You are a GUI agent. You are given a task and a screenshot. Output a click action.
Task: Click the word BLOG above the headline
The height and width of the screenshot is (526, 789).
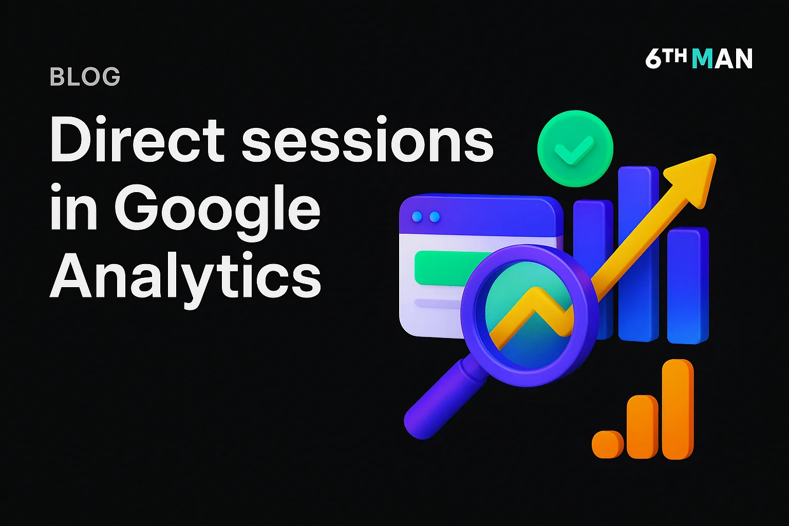tap(85, 77)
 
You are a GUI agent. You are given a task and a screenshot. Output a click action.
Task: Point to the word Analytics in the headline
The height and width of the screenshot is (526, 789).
tap(185, 277)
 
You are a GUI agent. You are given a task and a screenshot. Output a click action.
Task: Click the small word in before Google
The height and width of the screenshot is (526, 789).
tap(73, 208)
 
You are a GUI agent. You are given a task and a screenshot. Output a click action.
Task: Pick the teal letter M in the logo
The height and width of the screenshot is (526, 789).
tap(702, 59)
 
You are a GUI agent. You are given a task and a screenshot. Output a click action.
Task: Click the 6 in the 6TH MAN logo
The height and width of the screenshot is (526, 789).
tap(654, 59)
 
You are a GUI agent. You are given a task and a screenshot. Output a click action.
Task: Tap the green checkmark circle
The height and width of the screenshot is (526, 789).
tap(575, 148)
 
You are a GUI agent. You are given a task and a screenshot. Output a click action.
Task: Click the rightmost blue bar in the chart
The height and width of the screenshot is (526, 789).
tap(688, 285)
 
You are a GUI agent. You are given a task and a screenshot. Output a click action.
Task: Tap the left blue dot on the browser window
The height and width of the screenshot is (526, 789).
tap(417, 217)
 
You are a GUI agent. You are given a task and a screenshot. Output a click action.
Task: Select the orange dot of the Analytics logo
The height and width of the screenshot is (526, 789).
tap(607, 444)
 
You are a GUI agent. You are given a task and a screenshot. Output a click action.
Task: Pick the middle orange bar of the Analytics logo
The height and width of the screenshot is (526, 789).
tap(642, 426)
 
